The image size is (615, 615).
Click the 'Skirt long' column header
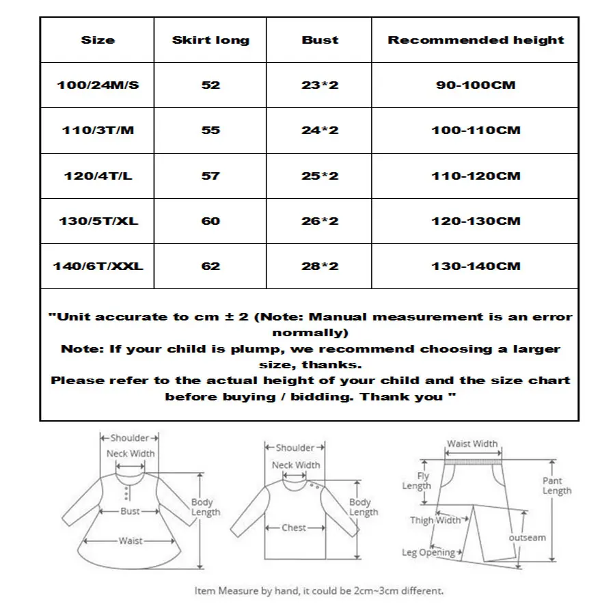point(210,40)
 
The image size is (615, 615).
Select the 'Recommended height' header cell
point(476,40)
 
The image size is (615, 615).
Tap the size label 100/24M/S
point(98,85)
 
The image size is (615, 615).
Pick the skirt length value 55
point(210,131)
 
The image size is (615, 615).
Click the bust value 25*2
point(320,176)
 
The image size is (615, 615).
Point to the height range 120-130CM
point(476,221)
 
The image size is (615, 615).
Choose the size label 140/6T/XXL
point(98,266)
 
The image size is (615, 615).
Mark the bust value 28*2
point(320,266)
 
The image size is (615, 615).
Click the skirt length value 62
point(210,266)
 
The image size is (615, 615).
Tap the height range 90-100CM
point(476,85)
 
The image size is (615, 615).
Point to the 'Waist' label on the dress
point(131,541)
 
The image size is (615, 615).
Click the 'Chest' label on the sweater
point(294,528)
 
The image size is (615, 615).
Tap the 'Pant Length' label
point(557,486)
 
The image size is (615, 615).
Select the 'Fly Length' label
point(416,481)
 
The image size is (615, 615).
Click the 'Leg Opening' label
point(428,552)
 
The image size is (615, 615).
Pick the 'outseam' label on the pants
point(527,538)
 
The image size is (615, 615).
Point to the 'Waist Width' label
point(472,444)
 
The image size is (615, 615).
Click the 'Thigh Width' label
point(435,521)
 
